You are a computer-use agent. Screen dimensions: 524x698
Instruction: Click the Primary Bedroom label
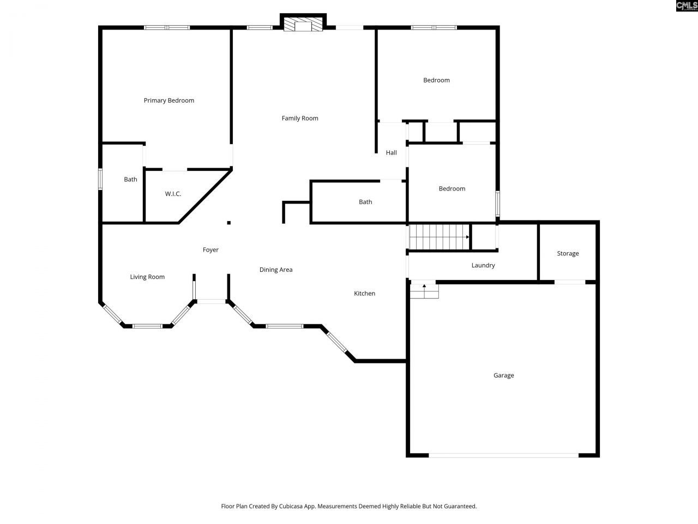pos(169,100)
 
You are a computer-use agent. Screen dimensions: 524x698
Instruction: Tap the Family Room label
pos(300,118)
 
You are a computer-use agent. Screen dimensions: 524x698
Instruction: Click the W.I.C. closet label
pos(173,194)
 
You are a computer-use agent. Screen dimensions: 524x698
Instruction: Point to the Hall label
pos(391,153)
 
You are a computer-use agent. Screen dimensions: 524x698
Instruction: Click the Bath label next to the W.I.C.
pos(130,180)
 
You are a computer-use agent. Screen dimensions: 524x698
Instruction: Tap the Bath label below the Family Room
pos(365,202)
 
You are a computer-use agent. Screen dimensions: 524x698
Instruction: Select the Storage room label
pos(568,254)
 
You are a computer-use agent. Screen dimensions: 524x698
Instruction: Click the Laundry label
pos(483,266)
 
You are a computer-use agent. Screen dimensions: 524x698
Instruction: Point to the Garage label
pos(503,376)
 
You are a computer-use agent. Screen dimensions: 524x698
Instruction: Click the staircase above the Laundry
pos(438,237)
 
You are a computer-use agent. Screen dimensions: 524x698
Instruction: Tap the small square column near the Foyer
pos(229,223)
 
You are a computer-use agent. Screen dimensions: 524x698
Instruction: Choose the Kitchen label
pos(364,294)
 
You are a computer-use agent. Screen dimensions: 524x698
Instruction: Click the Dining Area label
pos(276,270)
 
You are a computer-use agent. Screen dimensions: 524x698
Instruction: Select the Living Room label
pos(147,277)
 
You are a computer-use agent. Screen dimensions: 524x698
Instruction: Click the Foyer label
pos(210,250)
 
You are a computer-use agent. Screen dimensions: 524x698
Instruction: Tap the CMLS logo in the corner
pos(687,6)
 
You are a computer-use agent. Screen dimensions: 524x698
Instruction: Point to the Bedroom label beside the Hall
pos(452,189)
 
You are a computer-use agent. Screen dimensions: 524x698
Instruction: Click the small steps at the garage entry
pos(424,291)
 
